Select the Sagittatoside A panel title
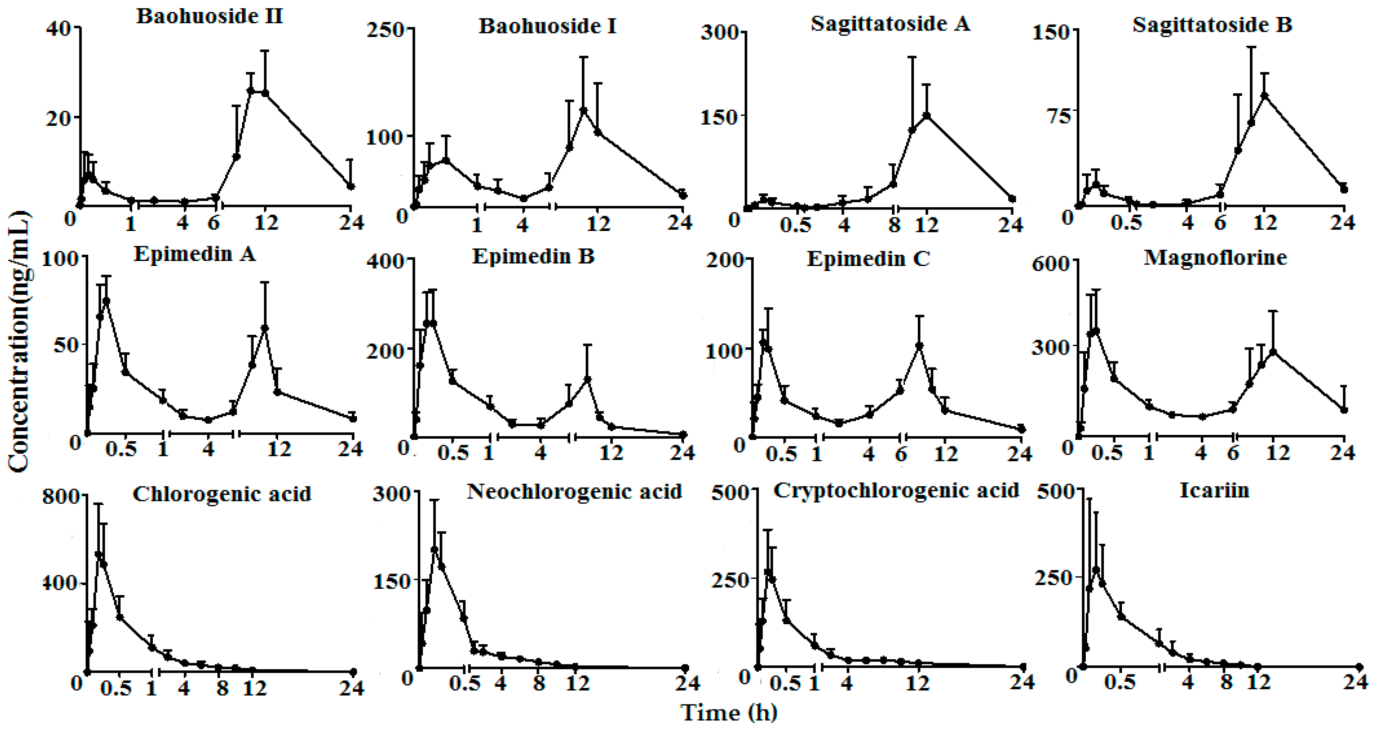890,24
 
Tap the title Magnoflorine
1215,257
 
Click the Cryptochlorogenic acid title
896,490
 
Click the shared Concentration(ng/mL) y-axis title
19,342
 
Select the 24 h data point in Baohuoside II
351,186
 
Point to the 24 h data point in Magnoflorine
1344,410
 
